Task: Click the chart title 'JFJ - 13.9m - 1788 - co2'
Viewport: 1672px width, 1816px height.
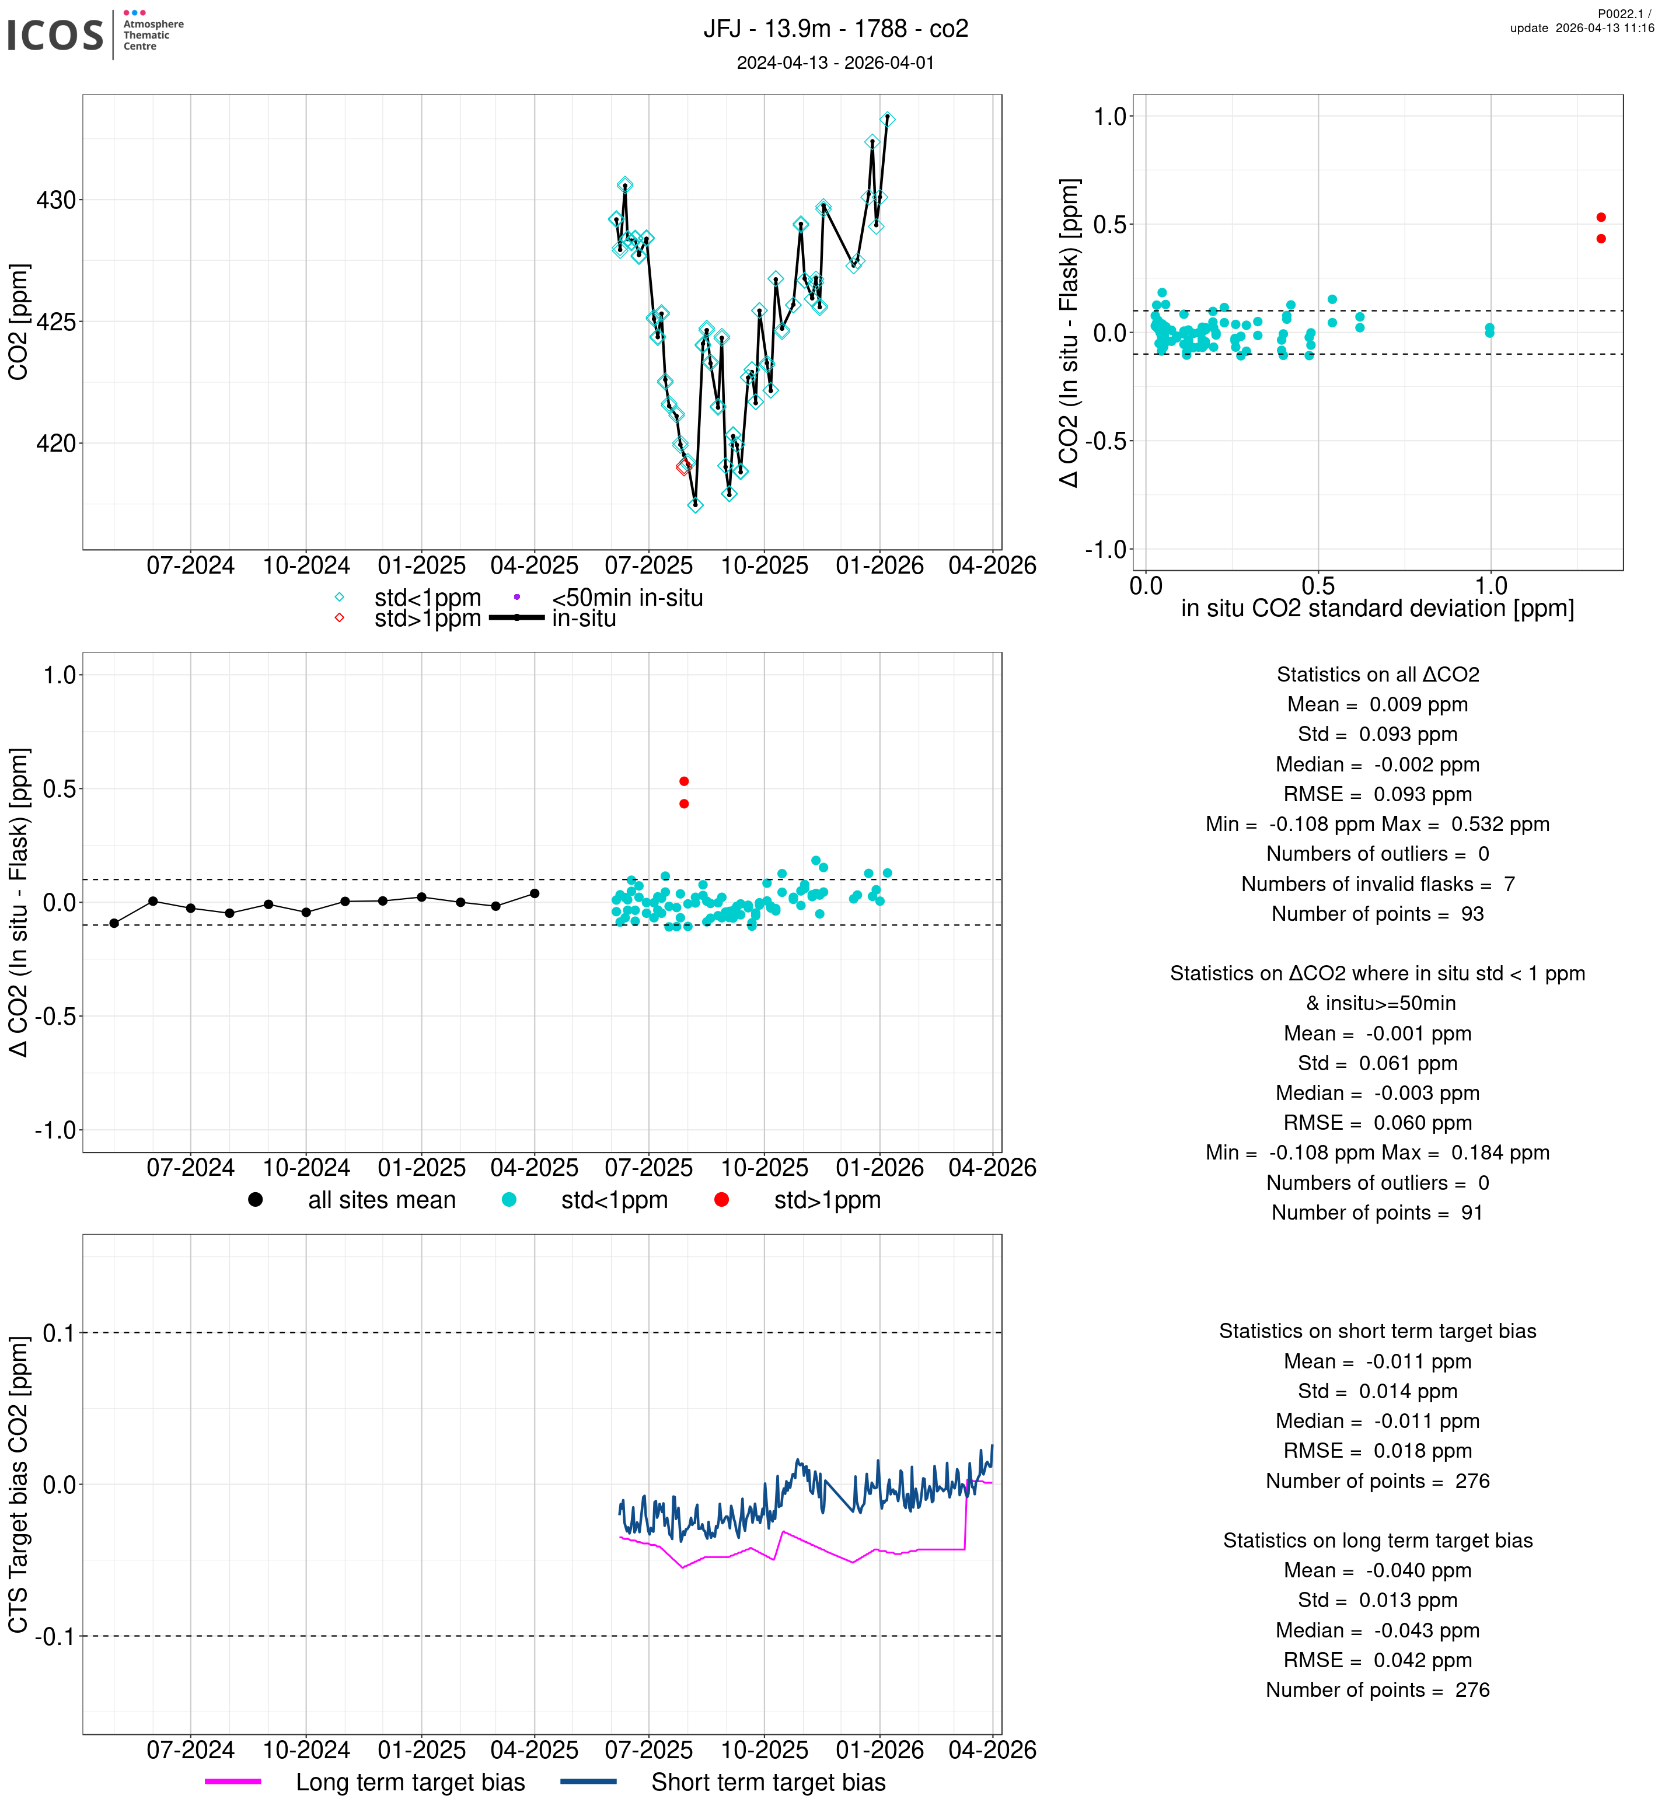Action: coord(835,29)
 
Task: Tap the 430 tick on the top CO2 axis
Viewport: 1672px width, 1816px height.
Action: coord(56,200)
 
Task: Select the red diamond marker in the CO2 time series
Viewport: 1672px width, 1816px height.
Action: coord(684,467)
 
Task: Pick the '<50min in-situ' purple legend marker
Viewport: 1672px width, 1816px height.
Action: coord(516,597)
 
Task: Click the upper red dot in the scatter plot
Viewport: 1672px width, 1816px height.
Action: coord(1601,217)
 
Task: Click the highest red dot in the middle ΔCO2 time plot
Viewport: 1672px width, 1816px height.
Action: coord(684,781)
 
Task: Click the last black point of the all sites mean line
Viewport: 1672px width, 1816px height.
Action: coord(535,893)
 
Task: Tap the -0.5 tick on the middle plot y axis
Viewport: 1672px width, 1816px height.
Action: coord(56,1016)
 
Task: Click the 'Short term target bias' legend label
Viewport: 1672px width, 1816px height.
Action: coord(768,1782)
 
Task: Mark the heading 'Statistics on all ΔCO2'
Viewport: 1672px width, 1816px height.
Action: coord(1377,674)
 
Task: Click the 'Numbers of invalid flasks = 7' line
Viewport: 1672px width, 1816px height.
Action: coord(1377,884)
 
